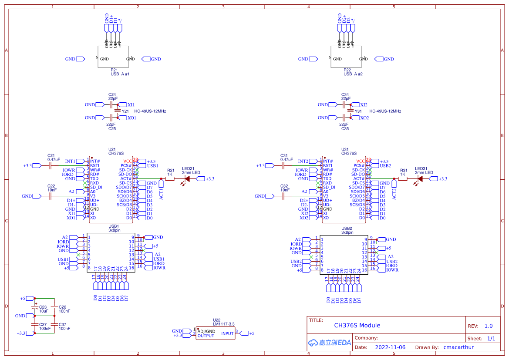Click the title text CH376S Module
(357, 325)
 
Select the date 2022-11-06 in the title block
(390, 347)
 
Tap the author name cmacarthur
(458, 347)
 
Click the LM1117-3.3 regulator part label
(223, 324)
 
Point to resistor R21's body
(170, 178)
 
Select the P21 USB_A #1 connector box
(114, 56)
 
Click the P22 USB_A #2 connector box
(347, 56)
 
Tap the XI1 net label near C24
(131, 105)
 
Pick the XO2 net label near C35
(364, 118)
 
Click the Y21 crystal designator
(125, 111)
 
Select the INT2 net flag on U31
(303, 161)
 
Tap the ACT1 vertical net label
(161, 192)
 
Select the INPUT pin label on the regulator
(227, 333)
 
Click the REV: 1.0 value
(489, 326)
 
